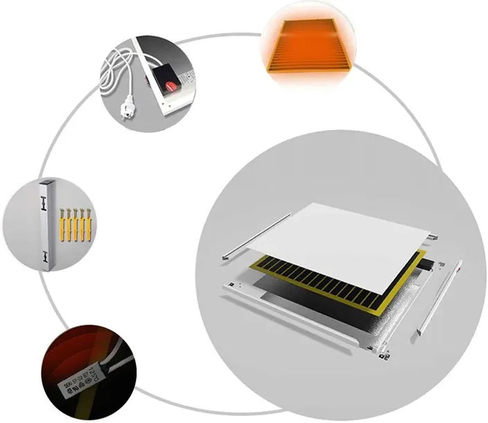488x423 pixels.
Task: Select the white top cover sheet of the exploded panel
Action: (347, 239)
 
